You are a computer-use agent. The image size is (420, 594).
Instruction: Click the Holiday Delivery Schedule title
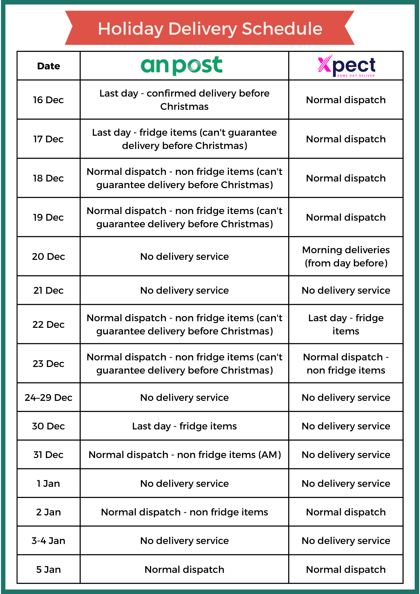coord(210,29)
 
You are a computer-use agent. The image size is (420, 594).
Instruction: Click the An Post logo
coord(182,65)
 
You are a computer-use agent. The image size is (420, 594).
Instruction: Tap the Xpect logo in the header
coord(346,66)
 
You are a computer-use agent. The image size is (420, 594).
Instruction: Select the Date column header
coord(48,66)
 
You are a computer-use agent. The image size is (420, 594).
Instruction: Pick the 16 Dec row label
coord(48,100)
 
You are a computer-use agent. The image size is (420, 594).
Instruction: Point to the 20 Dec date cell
coord(48,256)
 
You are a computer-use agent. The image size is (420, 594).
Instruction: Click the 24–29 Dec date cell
coord(48,397)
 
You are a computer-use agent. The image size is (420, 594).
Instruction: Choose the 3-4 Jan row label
coord(48,541)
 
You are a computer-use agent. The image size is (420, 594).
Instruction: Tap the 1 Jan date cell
coord(48,483)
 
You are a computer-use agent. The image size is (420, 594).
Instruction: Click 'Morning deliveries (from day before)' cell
coord(346,256)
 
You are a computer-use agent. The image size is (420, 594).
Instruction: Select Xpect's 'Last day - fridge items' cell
coord(346,324)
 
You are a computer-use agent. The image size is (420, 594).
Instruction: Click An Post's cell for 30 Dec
coord(184,426)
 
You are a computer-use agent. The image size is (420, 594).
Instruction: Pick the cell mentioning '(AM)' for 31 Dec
coord(184,455)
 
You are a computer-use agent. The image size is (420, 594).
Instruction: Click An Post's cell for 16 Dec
coord(184,100)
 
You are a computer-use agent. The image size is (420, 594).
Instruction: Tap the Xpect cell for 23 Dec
coord(346,364)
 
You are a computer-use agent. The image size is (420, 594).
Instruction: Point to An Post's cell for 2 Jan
coord(184,512)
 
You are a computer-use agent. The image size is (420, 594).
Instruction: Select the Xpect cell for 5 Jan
coord(346,569)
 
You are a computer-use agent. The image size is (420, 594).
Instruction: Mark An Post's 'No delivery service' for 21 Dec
coord(184,290)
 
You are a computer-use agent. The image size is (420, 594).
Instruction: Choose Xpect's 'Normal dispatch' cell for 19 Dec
coord(346,217)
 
